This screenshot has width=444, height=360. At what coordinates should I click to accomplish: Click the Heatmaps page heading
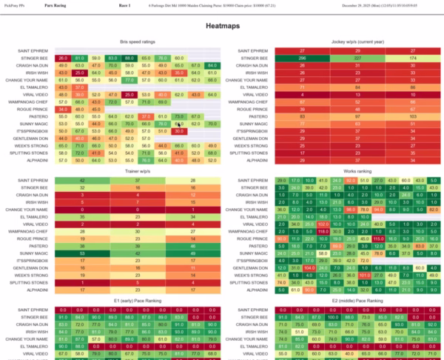coord(221,25)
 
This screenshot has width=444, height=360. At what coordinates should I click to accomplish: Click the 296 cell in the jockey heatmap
coord(302,57)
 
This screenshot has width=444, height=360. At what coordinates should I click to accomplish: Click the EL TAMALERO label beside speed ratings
coord(33,87)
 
